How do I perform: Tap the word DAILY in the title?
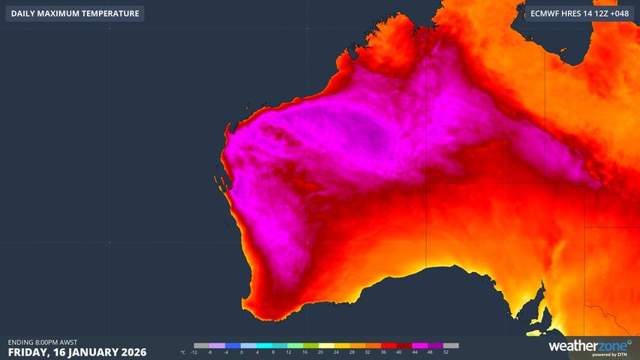pos(24,13)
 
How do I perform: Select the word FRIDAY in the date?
pos(29,352)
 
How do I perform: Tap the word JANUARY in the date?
pos(89,352)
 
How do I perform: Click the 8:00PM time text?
pos(49,342)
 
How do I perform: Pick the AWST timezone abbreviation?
pos(70,342)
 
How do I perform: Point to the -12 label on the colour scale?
pos(194,352)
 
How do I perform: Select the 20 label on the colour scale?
pos(320,352)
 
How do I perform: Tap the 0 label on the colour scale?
pos(242,352)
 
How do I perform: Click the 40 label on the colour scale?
pos(398,352)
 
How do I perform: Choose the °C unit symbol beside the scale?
pos(183,352)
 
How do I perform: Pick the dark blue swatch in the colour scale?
pos(233,346)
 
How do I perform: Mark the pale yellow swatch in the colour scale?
pos(327,346)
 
